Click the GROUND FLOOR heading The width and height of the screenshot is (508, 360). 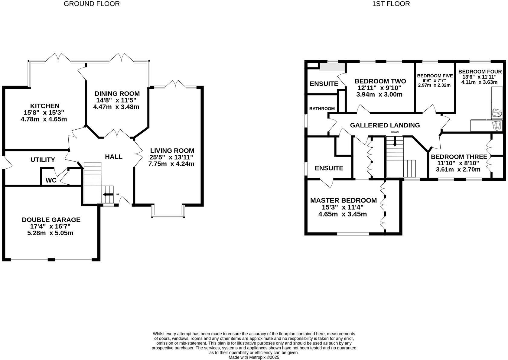pos(92,4)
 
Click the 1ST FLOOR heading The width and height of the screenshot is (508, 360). pos(391,4)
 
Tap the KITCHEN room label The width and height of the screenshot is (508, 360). pos(44,106)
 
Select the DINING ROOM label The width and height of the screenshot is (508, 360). pos(117,94)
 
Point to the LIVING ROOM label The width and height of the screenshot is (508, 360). pos(172,151)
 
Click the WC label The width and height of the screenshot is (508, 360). pos(51,180)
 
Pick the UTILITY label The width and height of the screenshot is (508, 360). pos(43,160)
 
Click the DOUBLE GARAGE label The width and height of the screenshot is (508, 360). pos(51,220)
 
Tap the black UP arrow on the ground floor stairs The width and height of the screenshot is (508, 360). pos(107,194)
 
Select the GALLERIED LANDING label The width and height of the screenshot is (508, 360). pos(385,125)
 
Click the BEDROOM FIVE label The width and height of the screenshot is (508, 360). pos(435,76)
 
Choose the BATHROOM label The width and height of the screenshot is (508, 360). pos(322,109)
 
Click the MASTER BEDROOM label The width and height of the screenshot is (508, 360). pos(343,200)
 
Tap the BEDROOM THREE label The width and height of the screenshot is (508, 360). pos(459,157)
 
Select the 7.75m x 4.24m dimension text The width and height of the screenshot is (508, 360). pos(171,164)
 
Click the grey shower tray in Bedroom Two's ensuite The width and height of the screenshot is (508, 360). pos(332,67)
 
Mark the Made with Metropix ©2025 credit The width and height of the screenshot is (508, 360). pos(254,357)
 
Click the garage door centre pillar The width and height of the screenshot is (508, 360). pos(51,260)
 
